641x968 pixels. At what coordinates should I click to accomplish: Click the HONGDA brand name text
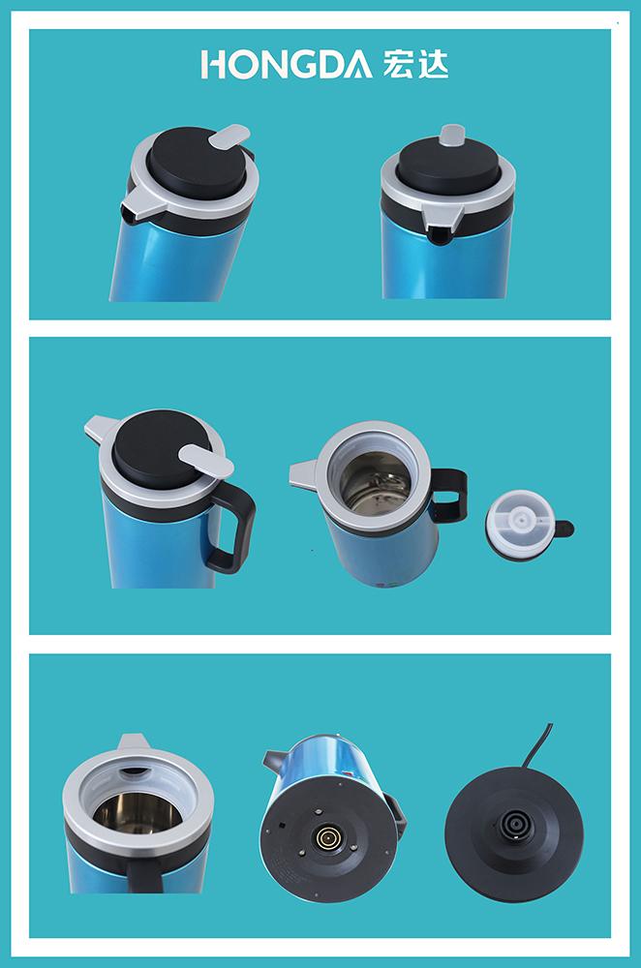[287, 64]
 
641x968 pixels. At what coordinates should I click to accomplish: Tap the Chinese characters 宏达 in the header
[415, 64]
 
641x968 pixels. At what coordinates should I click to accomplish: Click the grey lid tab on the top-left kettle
[229, 136]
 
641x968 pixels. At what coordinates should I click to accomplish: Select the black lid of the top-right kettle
[448, 165]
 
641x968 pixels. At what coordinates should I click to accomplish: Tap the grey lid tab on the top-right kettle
[452, 135]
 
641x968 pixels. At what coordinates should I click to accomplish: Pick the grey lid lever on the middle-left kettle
[205, 461]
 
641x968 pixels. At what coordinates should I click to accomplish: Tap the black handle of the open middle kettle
[449, 494]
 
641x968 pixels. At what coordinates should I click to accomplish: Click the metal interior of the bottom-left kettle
[137, 811]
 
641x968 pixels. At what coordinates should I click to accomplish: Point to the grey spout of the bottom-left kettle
[133, 741]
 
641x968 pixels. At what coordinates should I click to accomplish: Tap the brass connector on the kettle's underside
[325, 837]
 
